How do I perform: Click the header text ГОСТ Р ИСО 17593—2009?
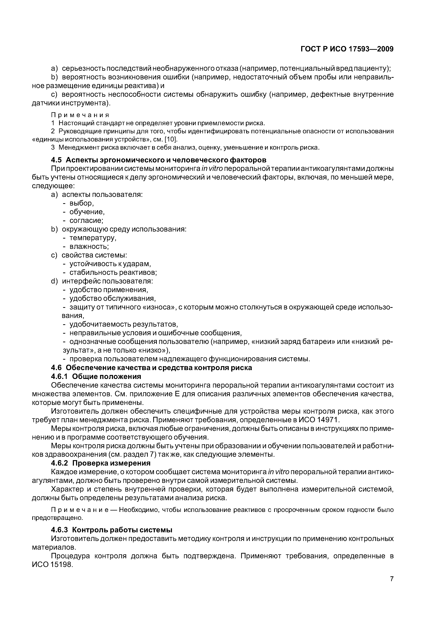pos(347,49)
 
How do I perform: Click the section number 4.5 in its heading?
pos(57,160)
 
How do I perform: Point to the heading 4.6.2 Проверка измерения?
pos(101,463)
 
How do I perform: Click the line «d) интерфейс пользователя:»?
pos(102,281)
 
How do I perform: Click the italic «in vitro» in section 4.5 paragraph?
pos(212,169)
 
